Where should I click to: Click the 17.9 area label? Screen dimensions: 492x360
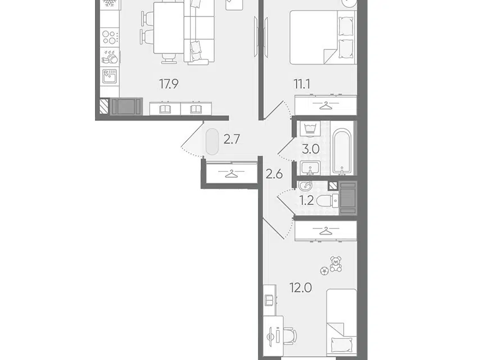tap(169, 84)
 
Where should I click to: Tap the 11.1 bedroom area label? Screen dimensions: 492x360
tap(302, 84)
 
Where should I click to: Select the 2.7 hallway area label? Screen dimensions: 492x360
tap(232, 139)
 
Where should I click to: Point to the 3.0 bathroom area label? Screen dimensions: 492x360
tap(310, 150)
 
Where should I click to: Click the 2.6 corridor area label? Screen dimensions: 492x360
tap(274, 174)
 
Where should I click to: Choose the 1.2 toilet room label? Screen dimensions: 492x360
tap(306, 200)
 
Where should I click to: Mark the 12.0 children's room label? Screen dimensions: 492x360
tap(301, 288)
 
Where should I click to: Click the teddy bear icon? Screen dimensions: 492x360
tap(336, 264)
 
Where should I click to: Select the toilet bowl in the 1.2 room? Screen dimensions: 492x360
tap(327, 200)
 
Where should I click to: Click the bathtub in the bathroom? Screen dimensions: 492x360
tap(342, 151)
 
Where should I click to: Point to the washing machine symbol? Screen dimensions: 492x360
tap(310, 129)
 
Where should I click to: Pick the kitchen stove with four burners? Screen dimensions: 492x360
tap(110, 37)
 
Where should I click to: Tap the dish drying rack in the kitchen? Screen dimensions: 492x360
tap(110, 57)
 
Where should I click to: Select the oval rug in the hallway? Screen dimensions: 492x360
tap(212, 142)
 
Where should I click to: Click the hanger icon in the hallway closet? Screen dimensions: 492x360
tap(232, 173)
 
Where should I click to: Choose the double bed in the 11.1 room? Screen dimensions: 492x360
tap(323, 37)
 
